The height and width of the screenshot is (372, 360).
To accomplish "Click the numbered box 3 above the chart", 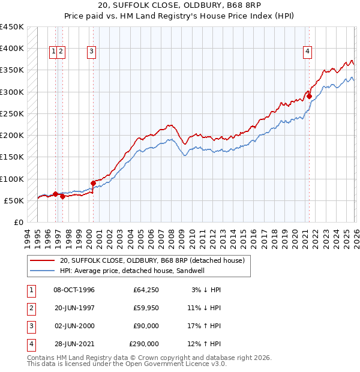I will [x=92, y=52].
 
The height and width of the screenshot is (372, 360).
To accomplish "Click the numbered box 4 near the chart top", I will [x=307, y=52].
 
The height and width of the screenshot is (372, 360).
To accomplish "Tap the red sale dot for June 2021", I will [x=309, y=96].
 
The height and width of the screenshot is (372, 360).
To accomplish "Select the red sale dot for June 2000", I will [x=93, y=183].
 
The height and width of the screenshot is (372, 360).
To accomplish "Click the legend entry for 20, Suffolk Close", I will [x=152, y=261].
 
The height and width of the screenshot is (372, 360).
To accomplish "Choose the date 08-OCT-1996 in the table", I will [x=74, y=290].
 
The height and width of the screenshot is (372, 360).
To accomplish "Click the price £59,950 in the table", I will [x=146, y=308].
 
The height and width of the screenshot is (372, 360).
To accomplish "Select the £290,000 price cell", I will [x=144, y=344].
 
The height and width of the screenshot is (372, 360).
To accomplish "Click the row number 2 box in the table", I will [x=30, y=308].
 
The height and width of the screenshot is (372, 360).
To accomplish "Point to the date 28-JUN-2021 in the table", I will [x=74, y=344].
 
